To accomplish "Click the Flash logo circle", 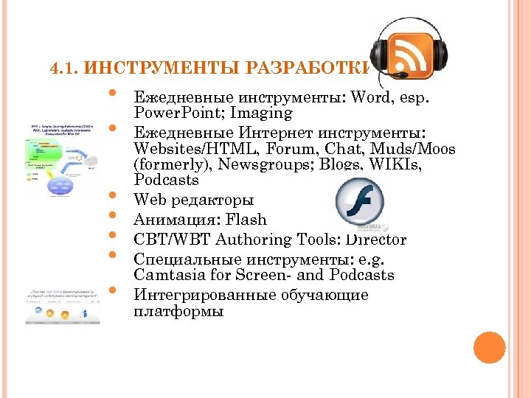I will (360, 205).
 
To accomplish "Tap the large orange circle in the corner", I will (489, 347).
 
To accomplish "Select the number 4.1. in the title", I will (65, 70).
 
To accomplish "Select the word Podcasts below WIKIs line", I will (167, 181).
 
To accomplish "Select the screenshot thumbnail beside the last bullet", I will (61, 304).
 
